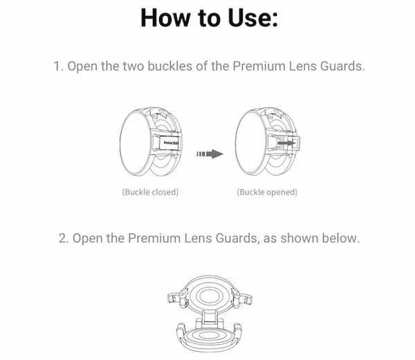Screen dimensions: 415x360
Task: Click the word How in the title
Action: [165, 18]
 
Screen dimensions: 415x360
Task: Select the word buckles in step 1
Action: [169, 66]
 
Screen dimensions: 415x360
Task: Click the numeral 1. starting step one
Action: [59, 66]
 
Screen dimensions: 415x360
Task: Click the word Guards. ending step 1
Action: [342, 66]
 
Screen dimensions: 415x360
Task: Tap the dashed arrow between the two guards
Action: [210, 154]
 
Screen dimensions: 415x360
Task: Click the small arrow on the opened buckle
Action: [286, 143]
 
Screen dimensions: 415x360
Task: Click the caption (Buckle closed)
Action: [150, 192]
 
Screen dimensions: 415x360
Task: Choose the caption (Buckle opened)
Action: [267, 192]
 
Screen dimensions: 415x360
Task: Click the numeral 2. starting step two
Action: [64, 238]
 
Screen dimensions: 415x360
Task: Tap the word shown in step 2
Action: [299, 238]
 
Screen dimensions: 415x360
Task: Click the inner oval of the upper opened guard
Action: [209, 296]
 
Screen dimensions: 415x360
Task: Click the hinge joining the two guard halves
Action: [209, 318]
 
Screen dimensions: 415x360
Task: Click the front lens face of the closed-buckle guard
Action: [136, 143]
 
